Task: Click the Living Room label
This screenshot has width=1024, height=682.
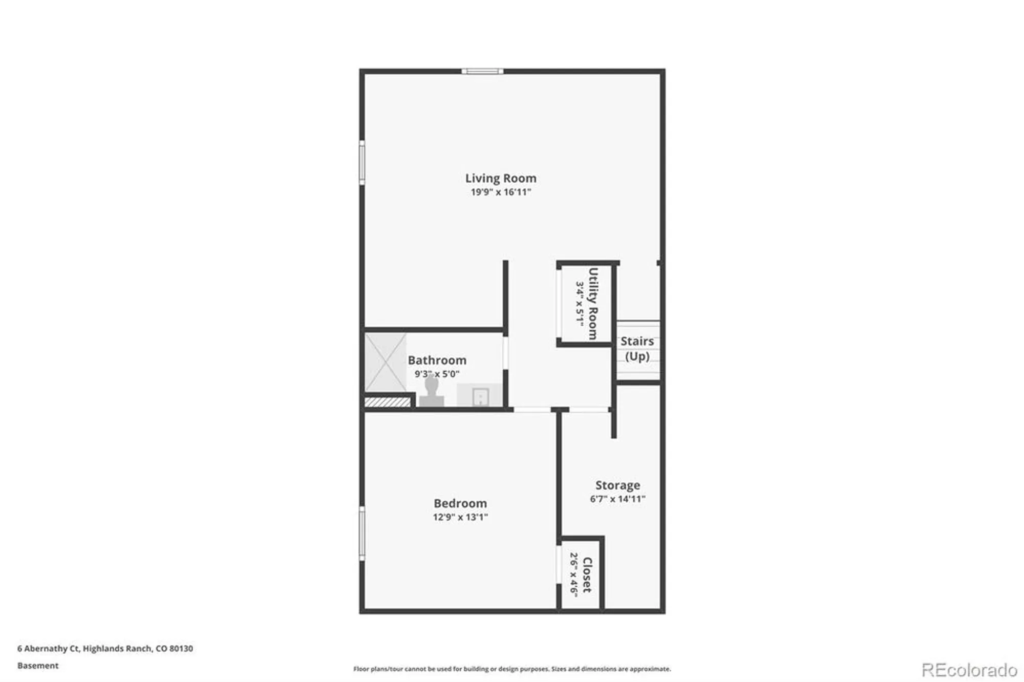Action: [x=501, y=178]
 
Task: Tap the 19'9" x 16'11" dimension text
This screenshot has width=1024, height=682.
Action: [x=501, y=193]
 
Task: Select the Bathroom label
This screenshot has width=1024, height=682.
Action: [x=437, y=360]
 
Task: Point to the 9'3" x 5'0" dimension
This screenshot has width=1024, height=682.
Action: [x=437, y=374]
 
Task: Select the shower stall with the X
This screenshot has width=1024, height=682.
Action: [x=386, y=363]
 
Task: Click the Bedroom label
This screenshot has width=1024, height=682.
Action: [x=460, y=503]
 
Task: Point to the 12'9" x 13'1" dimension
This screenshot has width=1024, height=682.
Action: [x=460, y=517]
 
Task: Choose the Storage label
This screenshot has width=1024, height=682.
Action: [x=617, y=485]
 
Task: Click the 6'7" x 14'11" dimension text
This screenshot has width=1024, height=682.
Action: [x=617, y=499]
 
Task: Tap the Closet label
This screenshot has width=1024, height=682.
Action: [x=588, y=574]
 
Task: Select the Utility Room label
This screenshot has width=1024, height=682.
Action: [x=593, y=303]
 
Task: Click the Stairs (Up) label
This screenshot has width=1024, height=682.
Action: [x=637, y=349]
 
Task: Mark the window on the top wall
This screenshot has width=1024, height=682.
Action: [x=482, y=72]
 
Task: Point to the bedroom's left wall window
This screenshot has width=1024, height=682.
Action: [x=362, y=533]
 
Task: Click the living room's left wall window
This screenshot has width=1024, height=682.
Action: [x=362, y=162]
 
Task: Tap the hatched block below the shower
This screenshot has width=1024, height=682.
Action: [x=388, y=402]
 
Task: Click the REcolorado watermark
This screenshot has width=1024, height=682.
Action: [x=969, y=670]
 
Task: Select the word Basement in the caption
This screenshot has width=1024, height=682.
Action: [x=38, y=666]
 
